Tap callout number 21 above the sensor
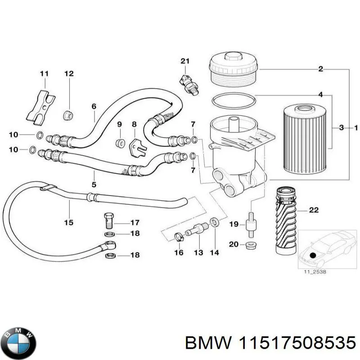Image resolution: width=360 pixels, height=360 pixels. (185, 61)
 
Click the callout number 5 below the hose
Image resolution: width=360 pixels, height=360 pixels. (94, 184)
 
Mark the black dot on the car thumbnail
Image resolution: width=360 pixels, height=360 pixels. (313, 255)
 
